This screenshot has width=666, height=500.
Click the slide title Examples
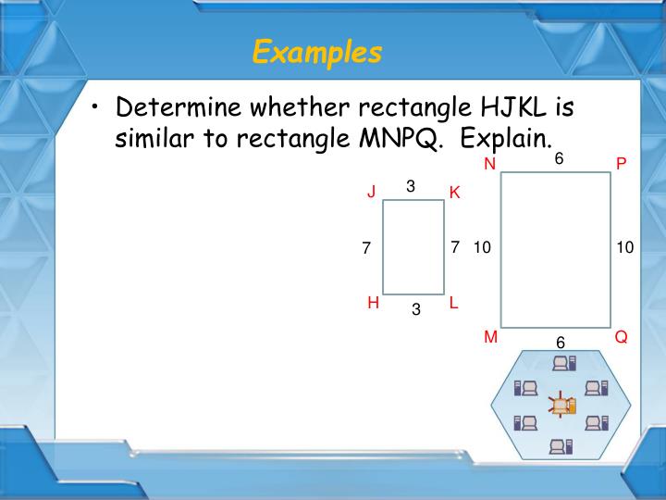click(316, 52)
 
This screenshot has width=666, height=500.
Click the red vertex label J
click(371, 193)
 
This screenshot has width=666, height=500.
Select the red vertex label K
click(454, 193)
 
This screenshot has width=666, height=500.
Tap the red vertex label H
click(373, 302)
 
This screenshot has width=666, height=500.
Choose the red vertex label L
click(454, 302)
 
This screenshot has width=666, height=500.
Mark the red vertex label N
click(490, 164)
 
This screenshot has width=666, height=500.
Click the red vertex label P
click(621, 164)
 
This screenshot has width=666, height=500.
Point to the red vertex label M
click(491, 338)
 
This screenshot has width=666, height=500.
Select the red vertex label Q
click(621, 338)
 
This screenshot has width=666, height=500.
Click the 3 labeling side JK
click(411, 186)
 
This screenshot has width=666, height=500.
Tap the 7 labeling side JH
click(366, 248)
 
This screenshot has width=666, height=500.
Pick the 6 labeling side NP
click(559, 159)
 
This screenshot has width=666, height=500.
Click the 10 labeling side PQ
click(625, 247)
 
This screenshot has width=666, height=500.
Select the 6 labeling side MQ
click(561, 343)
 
